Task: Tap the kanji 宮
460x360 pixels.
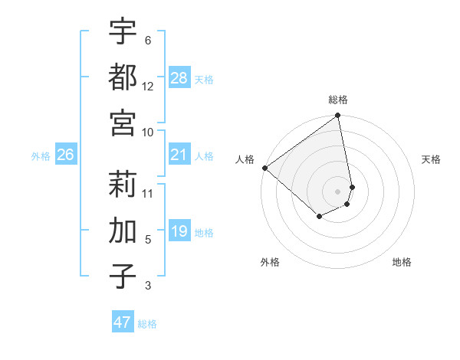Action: coord(123,121)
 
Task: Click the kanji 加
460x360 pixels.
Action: coord(123,229)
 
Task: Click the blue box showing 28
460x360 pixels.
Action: coord(179,78)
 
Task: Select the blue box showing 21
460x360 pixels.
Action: coord(179,155)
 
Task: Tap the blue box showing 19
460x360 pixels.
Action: coord(179,231)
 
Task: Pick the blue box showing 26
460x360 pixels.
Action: coord(65,155)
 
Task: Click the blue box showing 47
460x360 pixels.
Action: coord(123,322)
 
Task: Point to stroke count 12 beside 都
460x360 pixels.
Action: coord(148,87)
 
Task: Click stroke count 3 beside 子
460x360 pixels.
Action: coord(148,286)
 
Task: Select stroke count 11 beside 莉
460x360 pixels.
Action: coord(148,193)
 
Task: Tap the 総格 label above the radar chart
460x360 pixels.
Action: coord(338,100)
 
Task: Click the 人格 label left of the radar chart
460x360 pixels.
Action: coord(245,159)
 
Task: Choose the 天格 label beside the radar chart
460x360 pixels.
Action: coord(431,159)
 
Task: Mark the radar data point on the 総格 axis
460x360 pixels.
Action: coord(338,116)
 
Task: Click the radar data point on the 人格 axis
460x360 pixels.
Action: coord(265,168)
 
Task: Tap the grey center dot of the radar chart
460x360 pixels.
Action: coord(338,191)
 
